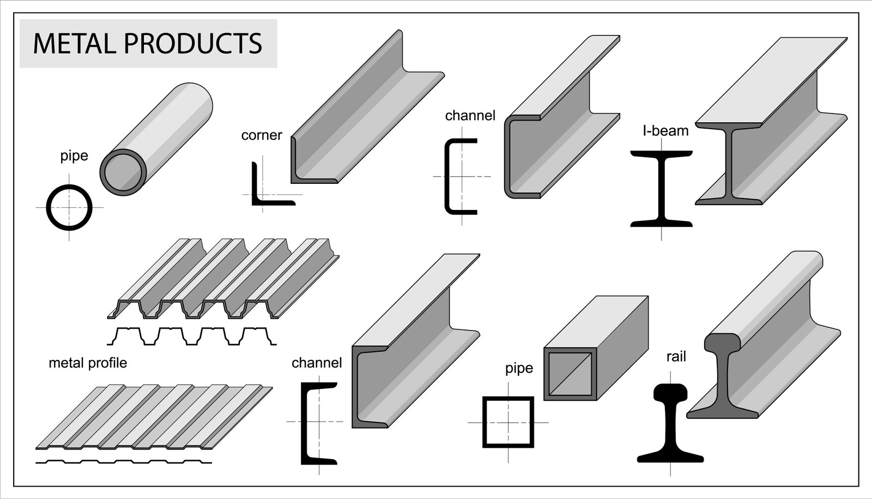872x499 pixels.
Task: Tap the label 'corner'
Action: coord(262,135)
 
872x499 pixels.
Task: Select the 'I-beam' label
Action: coord(665,131)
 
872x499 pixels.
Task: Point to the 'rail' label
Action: coord(676,357)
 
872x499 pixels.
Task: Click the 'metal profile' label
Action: coord(88,363)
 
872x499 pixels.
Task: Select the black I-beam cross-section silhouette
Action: coord(661,188)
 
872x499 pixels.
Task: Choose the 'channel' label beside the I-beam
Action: coord(470,116)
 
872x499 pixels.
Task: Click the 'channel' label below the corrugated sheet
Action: coord(317,363)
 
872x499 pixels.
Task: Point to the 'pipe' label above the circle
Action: coord(74,156)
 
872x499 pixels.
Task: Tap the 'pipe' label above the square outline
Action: coord(519,368)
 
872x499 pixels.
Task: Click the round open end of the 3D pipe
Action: coord(124,172)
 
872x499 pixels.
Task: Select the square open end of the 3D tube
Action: coord(570,374)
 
